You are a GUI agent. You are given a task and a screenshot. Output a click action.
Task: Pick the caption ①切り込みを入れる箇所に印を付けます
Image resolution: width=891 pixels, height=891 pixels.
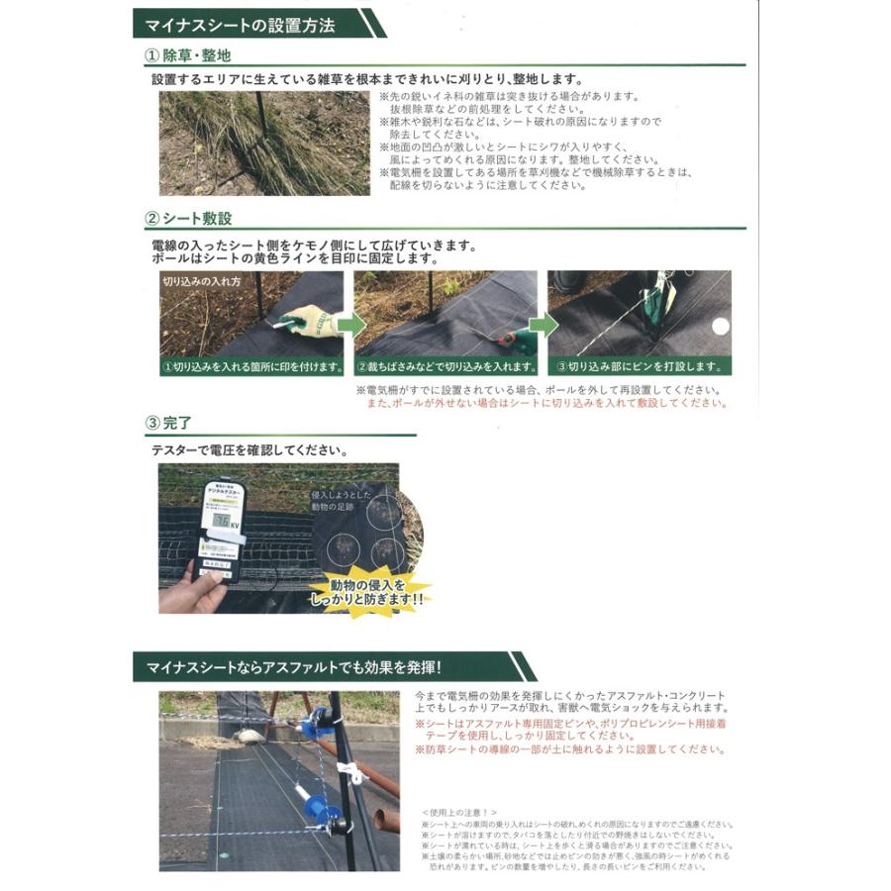pyautogui.click(x=252, y=367)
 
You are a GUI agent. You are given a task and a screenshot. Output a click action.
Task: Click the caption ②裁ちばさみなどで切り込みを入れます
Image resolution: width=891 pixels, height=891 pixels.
pyautogui.click(x=445, y=367)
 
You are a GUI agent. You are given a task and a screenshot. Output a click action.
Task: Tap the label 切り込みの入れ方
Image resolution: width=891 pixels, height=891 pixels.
pyautogui.click(x=202, y=283)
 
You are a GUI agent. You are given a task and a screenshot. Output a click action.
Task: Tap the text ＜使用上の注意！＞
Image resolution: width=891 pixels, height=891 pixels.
pyautogui.click(x=459, y=810)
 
